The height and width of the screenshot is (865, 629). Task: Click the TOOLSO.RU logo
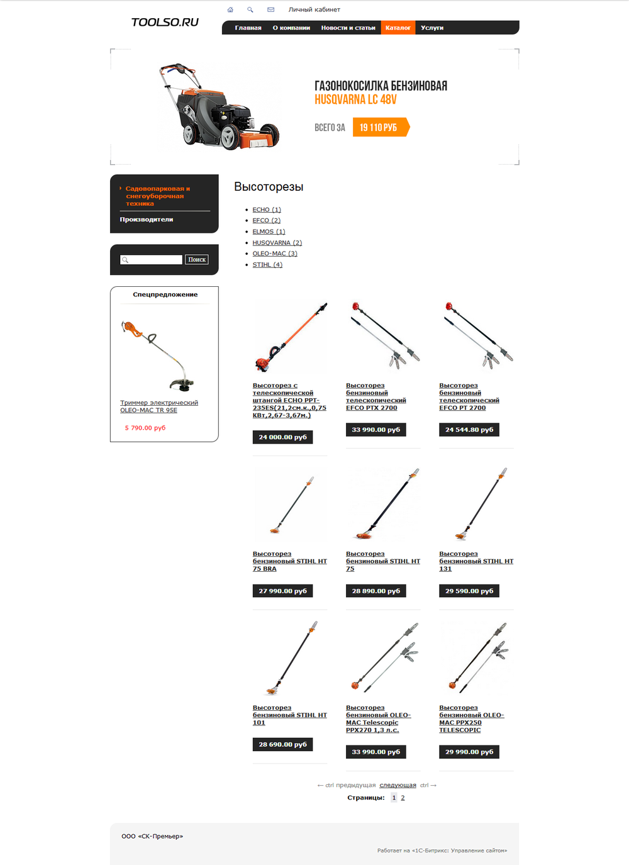pyautogui.click(x=165, y=22)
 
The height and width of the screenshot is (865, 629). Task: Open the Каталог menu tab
pyautogui.click(x=398, y=28)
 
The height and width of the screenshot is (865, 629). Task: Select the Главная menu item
pyautogui.click(x=248, y=28)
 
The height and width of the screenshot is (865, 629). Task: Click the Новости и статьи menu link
pyautogui.click(x=348, y=28)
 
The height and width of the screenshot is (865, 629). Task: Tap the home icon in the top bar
pyautogui.click(x=230, y=9)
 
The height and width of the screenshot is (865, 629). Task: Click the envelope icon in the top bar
pyautogui.click(x=270, y=9)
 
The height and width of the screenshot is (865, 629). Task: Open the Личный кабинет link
pyautogui.click(x=314, y=9)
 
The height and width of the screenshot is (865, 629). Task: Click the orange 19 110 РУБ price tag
pyautogui.click(x=379, y=127)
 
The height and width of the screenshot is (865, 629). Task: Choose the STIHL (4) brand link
pyautogui.click(x=267, y=265)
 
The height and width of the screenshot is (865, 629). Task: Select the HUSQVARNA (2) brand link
pyautogui.click(x=277, y=243)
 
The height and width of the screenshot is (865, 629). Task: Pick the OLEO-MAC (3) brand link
pyautogui.click(x=274, y=254)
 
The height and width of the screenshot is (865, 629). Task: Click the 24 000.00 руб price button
pyautogui.click(x=282, y=437)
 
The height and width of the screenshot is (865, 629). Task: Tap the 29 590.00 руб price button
pyautogui.click(x=469, y=591)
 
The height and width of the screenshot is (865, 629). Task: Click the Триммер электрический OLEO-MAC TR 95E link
pyautogui.click(x=159, y=406)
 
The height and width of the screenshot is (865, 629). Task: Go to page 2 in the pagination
pyautogui.click(x=403, y=798)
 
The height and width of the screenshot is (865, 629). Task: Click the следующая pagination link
pyautogui.click(x=398, y=785)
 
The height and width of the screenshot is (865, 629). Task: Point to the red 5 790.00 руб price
pyautogui.click(x=145, y=428)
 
